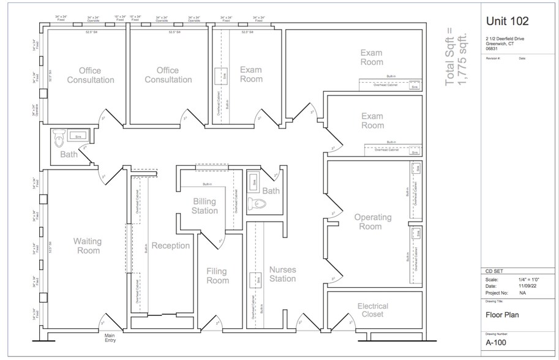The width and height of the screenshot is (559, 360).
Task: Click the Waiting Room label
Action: tap(87, 246)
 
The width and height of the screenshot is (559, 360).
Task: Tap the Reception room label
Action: tap(171, 246)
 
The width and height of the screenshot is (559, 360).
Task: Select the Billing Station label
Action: tap(204, 206)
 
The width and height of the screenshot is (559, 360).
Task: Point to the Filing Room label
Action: tap(217, 276)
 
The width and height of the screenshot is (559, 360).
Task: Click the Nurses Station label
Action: tap(282, 274)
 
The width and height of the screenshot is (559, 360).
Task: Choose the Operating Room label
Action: tap(372, 222)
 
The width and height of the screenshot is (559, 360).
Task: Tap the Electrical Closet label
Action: tap(372, 310)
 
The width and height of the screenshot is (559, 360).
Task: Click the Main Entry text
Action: tap(110, 337)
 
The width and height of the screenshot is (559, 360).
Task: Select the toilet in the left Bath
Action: tap(59, 139)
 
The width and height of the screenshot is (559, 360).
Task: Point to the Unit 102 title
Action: tap(507, 21)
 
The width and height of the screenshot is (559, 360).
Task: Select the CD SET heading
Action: tap(493, 272)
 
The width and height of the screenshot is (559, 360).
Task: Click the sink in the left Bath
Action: tap(77, 135)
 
